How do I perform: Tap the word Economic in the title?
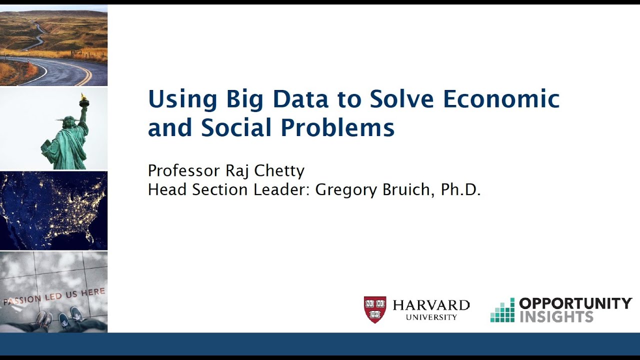pos(501,98)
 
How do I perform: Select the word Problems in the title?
pos(337,127)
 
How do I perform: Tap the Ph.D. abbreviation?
pos(460,190)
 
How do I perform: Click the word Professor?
pos(184,171)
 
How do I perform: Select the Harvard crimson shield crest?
pos(374,309)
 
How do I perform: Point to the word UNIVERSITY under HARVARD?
pos(431,317)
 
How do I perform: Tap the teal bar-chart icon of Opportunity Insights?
pos(502,310)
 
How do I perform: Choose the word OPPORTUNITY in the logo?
pos(575,303)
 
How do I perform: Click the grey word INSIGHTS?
pos(556,316)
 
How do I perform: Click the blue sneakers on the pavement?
pos(70,318)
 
